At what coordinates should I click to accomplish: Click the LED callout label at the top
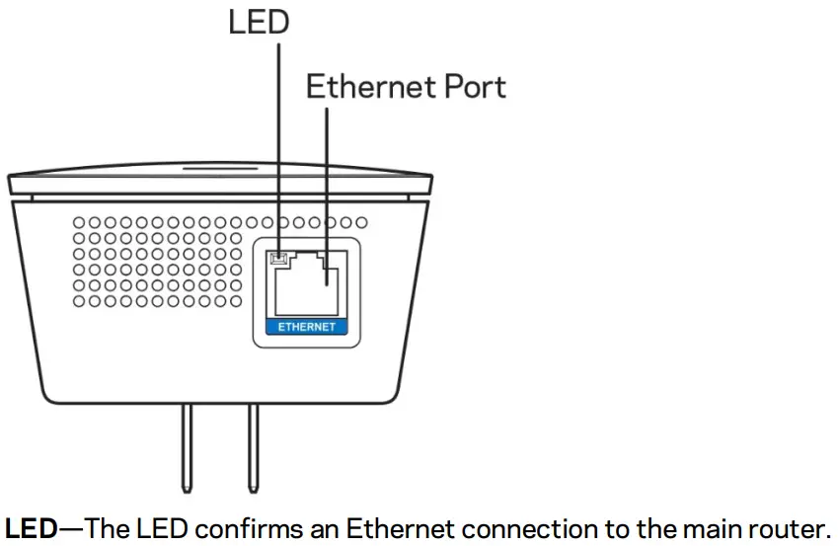(258, 23)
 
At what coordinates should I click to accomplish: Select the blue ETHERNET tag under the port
(306, 326)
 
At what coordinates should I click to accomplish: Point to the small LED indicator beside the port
(278, 260)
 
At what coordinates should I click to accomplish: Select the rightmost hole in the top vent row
(361, 223)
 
